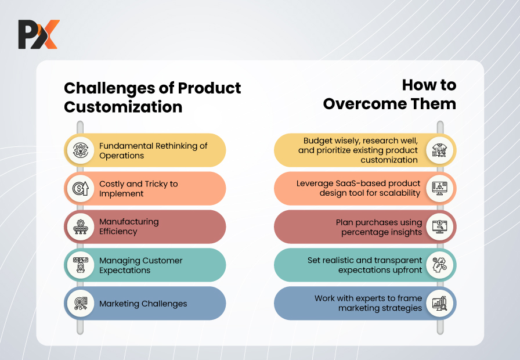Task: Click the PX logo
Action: pos(39,34)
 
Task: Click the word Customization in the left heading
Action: pos(123,107)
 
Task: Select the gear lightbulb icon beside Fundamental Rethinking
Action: pos(81,150)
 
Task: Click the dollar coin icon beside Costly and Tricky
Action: pos(81,189)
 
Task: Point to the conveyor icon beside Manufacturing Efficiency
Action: pos(81,226)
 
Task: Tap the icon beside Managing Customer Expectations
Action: pos(81,265)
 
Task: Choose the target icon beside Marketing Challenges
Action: pos(81,303)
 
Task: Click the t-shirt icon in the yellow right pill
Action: pos(440,150)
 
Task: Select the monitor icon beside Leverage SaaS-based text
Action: pos(440,189)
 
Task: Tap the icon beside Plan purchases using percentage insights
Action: pos(440,226)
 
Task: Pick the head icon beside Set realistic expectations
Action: pos(440,265)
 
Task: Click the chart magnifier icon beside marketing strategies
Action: pos(440,303)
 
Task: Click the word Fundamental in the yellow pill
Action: pos(126,146)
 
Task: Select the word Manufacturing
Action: pos(129,222)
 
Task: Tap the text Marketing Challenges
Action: pos(143,304)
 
